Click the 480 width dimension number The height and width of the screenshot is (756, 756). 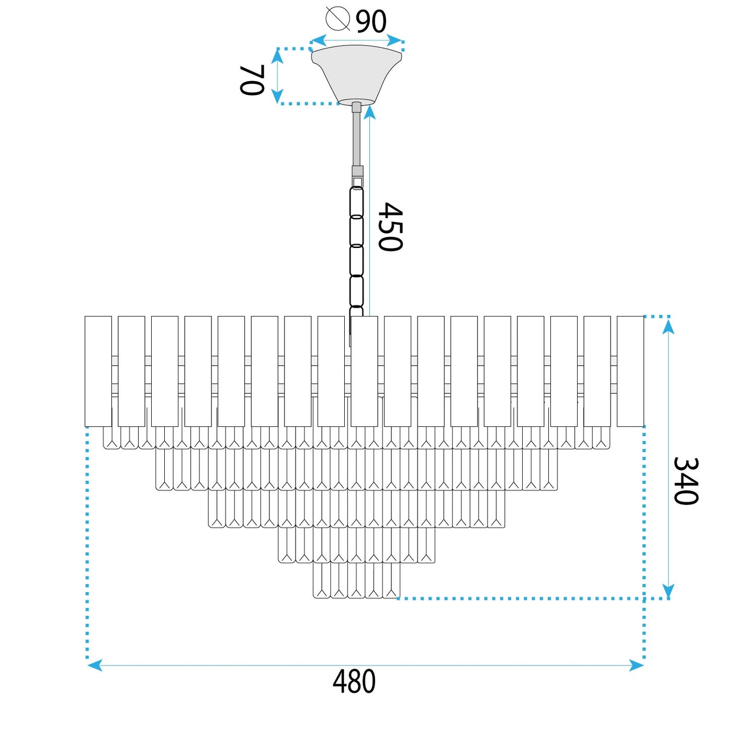(x=354, y=682)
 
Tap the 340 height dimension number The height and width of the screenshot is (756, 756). (x=685, y=481)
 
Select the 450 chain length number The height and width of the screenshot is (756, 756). (x=390, y=227)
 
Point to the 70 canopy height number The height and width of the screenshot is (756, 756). (x=252, y=80)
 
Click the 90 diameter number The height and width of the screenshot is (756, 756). (x=371, y=21)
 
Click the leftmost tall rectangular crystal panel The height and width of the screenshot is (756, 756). (x=98, y=371)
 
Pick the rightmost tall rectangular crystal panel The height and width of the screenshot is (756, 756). (x=630, y=371)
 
